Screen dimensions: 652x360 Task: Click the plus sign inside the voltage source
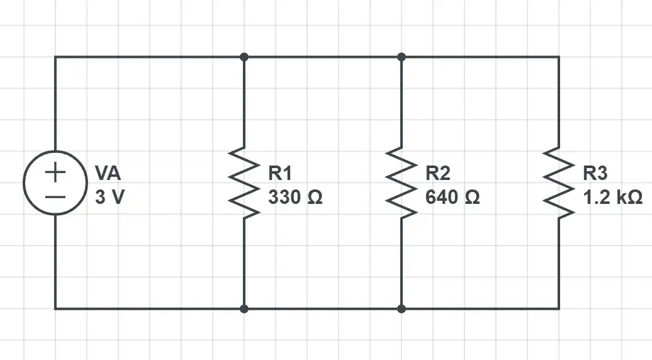point(55,172)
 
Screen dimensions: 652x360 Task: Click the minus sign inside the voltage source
point(55,196)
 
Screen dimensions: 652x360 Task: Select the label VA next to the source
point(108,173)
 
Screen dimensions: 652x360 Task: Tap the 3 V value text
point(110,196)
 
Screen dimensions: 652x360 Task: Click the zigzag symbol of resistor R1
point(244,183)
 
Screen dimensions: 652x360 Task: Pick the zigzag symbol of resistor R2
point(402,183)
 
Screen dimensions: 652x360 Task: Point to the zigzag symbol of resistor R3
point(559,183)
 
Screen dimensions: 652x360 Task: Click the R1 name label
point(280,173)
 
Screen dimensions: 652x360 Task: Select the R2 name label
point(437,173)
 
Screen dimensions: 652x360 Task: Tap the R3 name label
point(595,173)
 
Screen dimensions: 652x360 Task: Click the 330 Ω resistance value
point(295,196)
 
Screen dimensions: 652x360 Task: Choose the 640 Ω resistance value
point(452,196)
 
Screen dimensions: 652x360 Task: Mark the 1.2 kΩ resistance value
point(612,196)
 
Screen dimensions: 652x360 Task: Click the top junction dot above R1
point(244,57)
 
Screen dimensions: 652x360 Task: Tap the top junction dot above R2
point(402,57)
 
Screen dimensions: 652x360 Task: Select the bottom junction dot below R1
point(244,309)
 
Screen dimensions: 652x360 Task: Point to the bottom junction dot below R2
point(402,309)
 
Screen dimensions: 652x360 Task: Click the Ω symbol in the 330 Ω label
point(315,197)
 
